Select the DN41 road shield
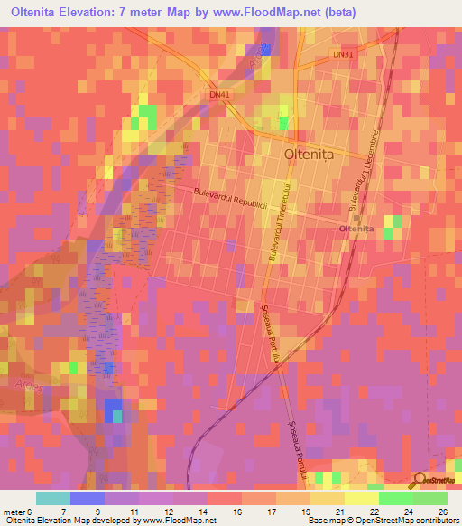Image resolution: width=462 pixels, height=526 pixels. [x=219, y=93]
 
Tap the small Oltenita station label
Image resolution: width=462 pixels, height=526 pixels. [x=356, y=230]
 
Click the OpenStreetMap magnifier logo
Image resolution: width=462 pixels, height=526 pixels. [x=418, y=481]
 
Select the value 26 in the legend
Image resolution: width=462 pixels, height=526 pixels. [x=441, y=512]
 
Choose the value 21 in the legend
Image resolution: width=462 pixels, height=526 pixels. [x=338, y=512]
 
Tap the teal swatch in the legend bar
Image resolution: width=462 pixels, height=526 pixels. [x=53, y=498]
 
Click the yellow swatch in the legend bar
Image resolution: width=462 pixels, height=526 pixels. [x=362, y=498]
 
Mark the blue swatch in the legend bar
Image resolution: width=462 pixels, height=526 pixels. [x=88, y=498]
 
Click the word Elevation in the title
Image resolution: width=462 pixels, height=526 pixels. [x=88, y=13]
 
